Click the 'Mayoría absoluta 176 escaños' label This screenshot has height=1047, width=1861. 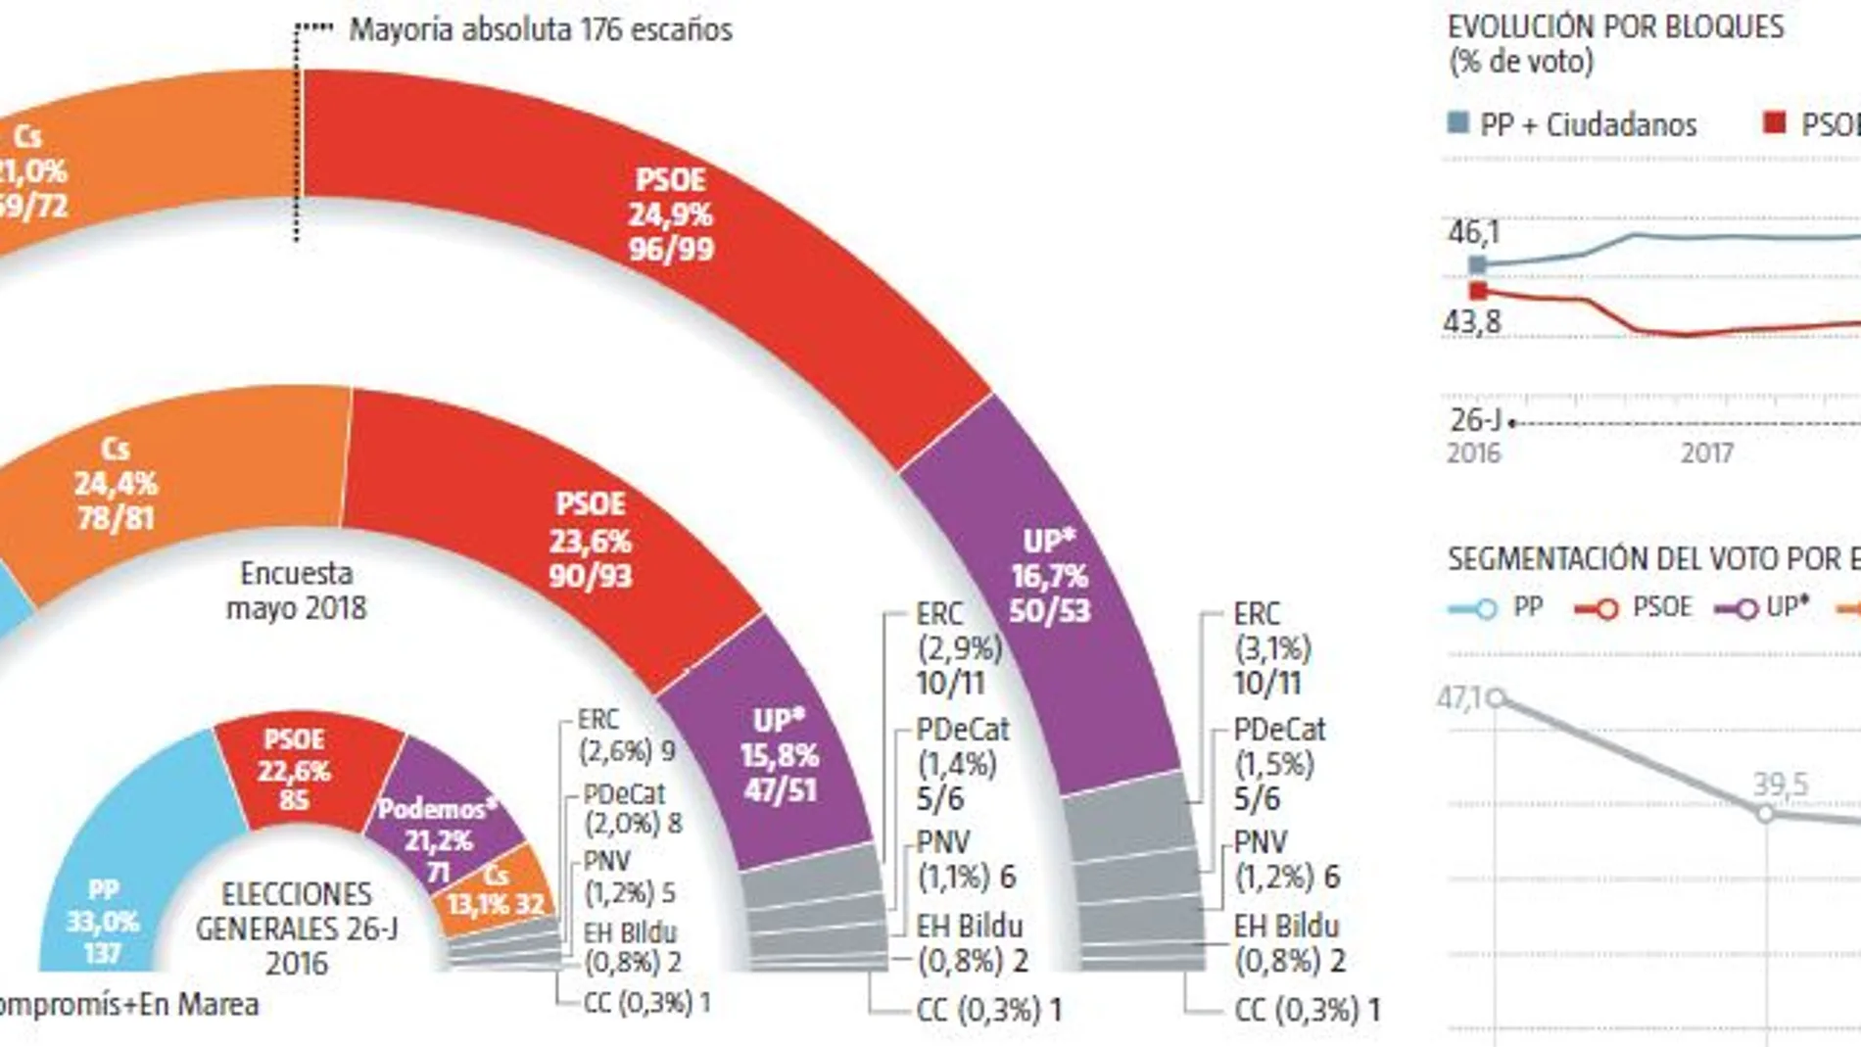[x=540, y=30]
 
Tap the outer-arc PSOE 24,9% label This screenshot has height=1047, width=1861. [x=671, y=214]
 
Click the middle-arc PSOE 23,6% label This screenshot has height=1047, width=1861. [x=591, y=540]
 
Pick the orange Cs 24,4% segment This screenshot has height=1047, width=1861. [x=116, y=484]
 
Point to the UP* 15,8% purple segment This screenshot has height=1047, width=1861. [x=780, y=755]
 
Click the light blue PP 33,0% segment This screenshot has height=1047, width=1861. [x=103, y=921]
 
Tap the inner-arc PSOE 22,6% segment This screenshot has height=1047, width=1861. [x=294, y=770]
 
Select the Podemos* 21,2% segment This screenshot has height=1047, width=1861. [x=438, y=838]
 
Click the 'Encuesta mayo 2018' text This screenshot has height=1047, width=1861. [x=296, y=591]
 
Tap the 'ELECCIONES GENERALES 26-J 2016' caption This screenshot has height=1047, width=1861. [x=296, y=928]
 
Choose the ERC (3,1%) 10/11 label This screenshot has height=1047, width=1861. [x=1270, y=648]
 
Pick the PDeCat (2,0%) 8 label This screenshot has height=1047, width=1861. [x=630, y=809]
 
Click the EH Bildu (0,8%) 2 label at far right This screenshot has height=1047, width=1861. [x=1288, y=943]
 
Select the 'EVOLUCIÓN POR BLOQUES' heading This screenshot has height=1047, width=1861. [x=1615, y=27]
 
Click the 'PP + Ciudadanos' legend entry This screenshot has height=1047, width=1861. [x=1587, y=125]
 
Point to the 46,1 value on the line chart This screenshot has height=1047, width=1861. [x=1473, y=233]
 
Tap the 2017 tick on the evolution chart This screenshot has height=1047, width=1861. [x=1706, y=453]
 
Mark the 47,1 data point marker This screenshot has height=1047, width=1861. [x=1496, y=698]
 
